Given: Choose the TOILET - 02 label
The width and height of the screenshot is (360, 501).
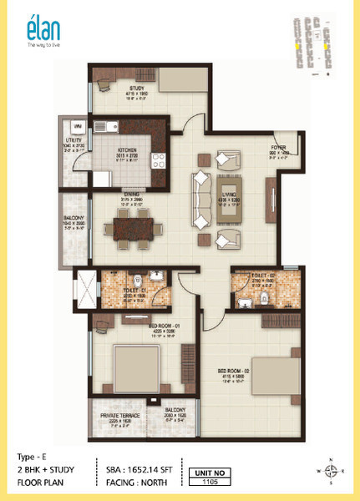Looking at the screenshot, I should click(251, 280).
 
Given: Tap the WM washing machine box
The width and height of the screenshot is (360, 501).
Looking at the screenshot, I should click(78, 126).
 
